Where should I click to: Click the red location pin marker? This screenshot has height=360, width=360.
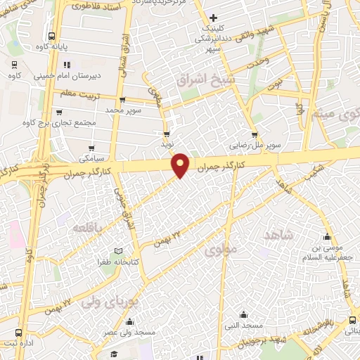coord(181,165)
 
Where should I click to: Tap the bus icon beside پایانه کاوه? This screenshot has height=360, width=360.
coord(51,37)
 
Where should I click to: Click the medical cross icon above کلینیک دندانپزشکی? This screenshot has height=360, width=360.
coord(214,17)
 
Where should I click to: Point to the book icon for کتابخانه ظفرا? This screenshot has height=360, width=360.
coord(118,251)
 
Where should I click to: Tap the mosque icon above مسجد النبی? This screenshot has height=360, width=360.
coord(243,314)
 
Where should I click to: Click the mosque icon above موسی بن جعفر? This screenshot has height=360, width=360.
coord(326,236)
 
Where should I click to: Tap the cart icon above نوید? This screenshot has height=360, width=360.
coord(167,133)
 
